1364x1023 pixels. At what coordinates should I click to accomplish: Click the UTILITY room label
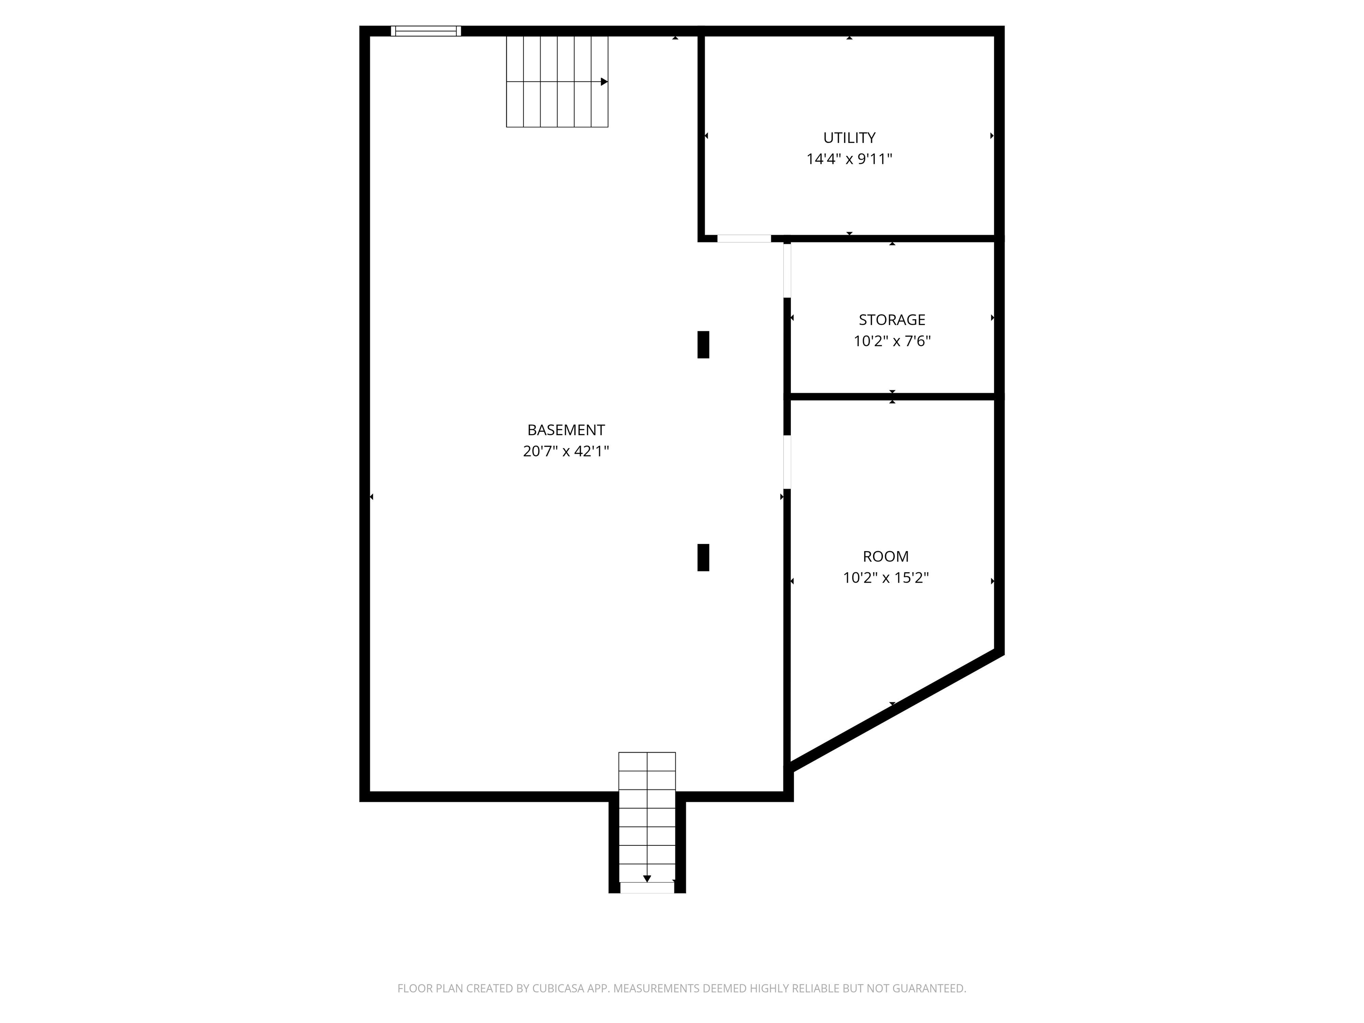click(849, 138)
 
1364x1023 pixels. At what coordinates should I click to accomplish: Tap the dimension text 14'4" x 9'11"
click(849, 159)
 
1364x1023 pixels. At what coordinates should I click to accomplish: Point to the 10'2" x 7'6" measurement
click(892, 341)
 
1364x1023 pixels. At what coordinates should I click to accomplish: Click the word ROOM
click(885, 556)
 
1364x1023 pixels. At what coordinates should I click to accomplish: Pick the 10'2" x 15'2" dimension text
click(885, 578)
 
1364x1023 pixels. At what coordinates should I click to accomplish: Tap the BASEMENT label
click(566, 430)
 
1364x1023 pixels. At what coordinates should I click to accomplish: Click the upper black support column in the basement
click(703, 345)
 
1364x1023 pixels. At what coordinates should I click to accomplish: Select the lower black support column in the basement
click(703, 557)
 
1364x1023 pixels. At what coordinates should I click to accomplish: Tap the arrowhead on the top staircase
click(604, 81)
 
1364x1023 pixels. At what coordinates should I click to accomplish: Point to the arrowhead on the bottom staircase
click(647, 879)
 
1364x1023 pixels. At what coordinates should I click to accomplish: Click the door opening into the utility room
click(744, 238)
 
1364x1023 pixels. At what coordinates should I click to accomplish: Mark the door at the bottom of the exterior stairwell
click(647, 887)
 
